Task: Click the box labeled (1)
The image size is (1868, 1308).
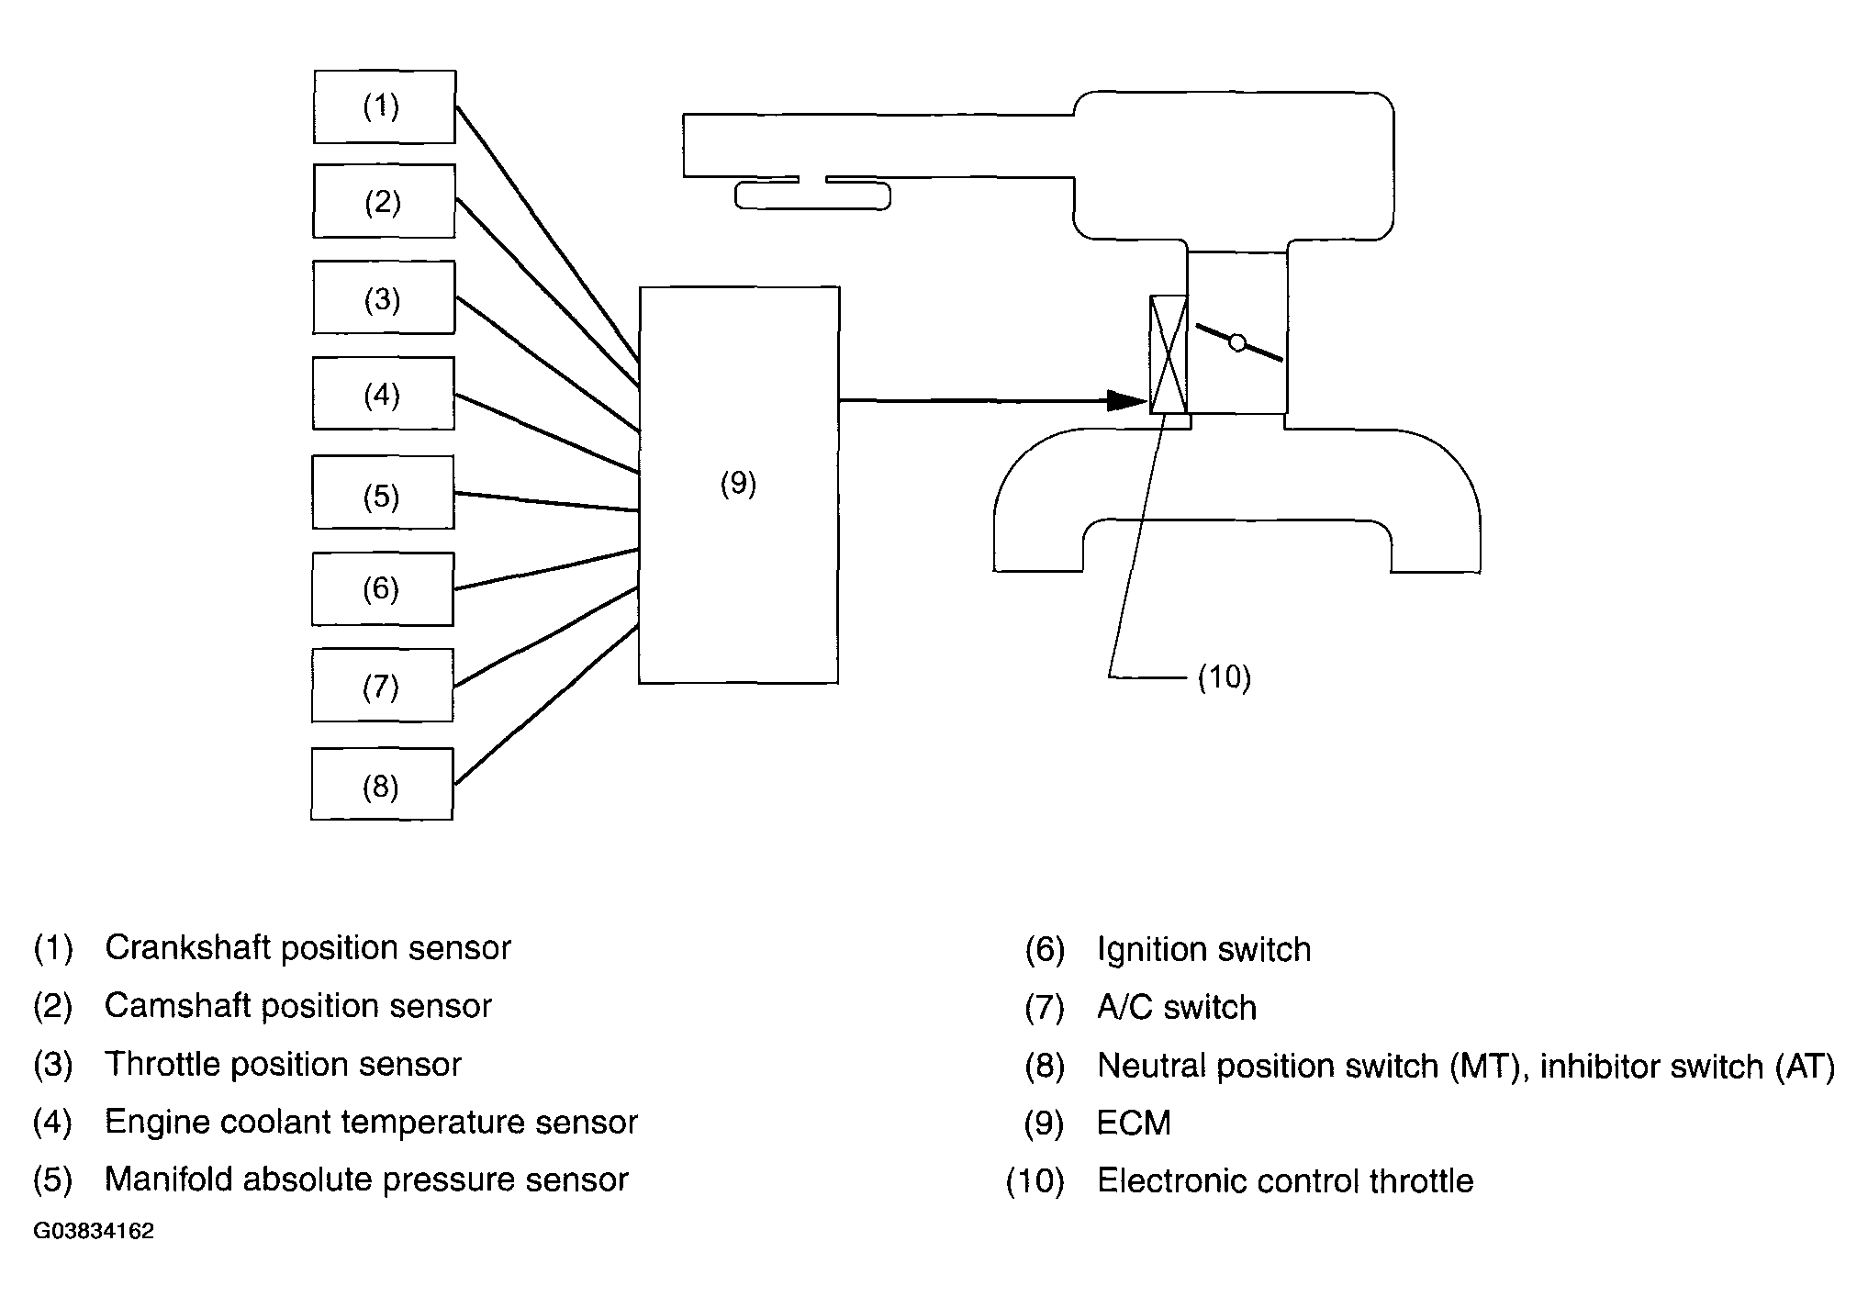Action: tap(384, 106)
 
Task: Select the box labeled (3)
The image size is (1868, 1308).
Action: tap(384, 297)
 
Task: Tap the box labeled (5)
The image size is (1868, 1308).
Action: tap(383, 492)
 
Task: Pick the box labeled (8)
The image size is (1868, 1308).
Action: tap(382, 784)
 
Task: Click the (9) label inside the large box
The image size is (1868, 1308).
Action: tap(738, 484)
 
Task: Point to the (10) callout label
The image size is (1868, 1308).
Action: tap(1225, 678)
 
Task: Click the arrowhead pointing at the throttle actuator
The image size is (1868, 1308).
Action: tap(1127, 401)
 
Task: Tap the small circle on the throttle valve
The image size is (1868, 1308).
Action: tap(1237, 343)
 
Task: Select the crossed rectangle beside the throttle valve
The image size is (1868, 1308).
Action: tap(1169, 354)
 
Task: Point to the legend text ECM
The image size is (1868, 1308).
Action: tap(1134, 1124)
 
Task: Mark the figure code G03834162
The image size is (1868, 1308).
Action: tap(94, 1232)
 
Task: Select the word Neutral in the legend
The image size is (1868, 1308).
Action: tap(1151, 1066)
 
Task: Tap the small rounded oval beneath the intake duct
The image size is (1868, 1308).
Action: tap(812, 196)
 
